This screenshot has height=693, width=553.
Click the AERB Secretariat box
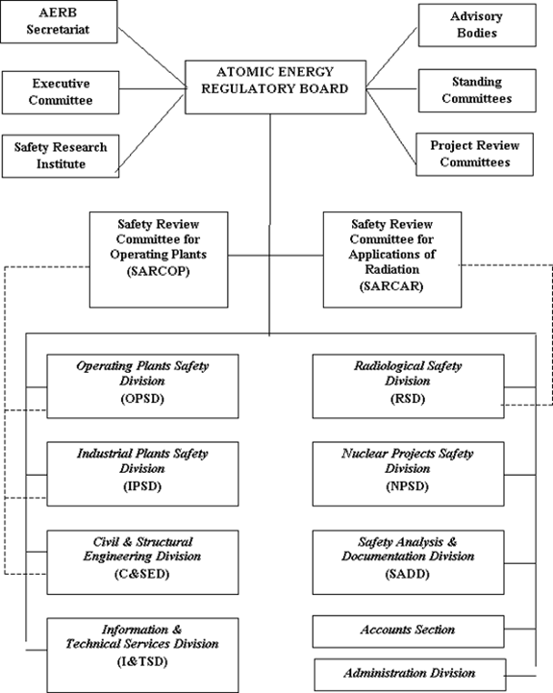59,22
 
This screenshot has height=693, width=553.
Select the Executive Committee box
61,92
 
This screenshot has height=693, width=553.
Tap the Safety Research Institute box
61,156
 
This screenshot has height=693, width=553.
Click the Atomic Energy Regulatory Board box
275,87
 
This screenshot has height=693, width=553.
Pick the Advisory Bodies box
477,25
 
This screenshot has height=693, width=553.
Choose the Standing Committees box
477,90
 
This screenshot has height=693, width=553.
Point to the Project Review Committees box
474,154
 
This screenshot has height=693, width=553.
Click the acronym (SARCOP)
159,271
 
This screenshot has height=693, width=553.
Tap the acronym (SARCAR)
391,286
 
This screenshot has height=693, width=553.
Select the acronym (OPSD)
142,399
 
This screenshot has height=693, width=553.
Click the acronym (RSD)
408,399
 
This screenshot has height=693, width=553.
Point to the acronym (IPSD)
142,486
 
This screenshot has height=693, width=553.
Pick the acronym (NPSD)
408,486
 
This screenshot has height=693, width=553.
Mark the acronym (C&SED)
142,574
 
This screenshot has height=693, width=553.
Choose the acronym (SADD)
408,574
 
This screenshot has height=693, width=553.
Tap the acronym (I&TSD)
142,661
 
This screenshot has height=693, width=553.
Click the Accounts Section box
408,631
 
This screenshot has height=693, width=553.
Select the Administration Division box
410,675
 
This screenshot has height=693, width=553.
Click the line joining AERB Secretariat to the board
152,58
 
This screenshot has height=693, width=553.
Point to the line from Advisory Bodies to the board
391,57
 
